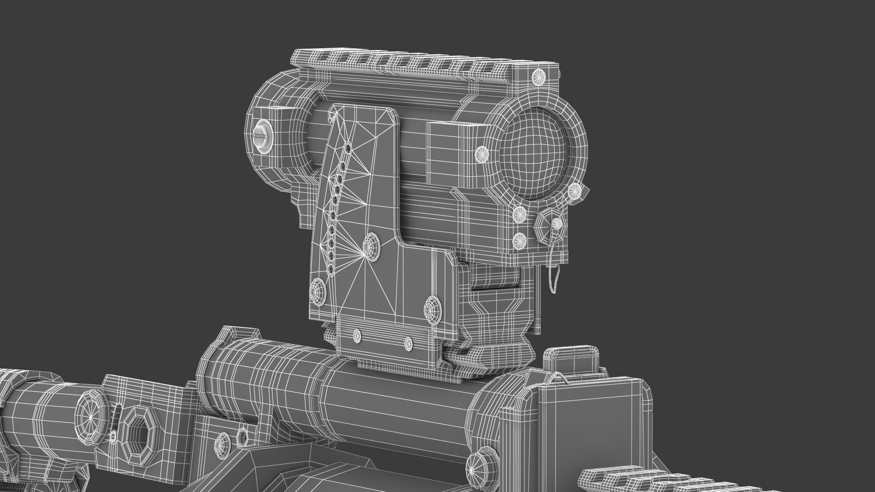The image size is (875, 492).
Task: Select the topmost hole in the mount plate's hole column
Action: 349,149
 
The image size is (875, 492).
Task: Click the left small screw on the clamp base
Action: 357,336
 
